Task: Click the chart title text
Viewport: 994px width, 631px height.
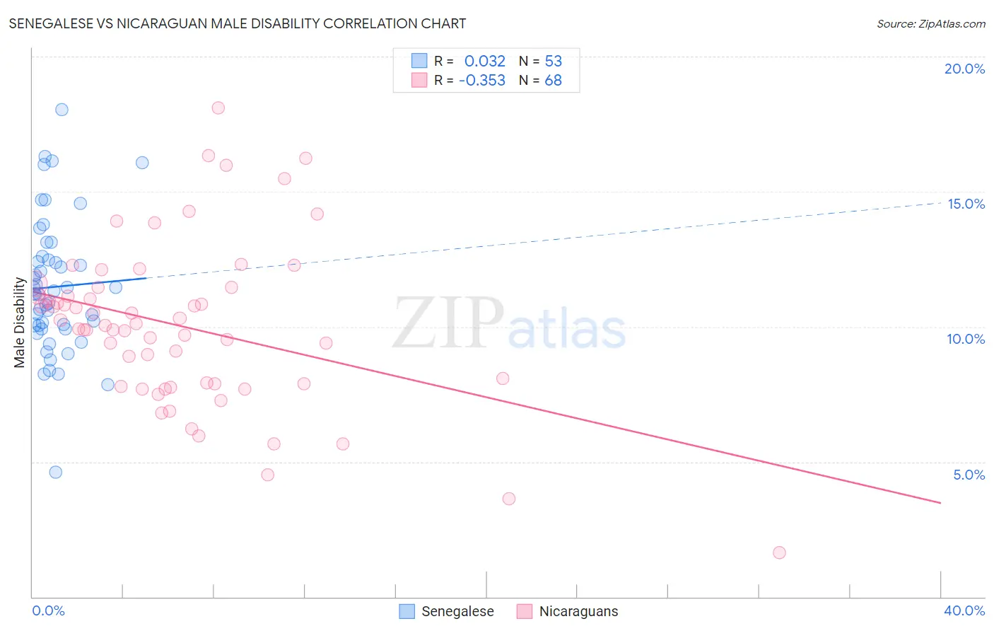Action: click(x=238, y=23)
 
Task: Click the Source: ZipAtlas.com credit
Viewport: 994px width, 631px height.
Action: click(x=930, y=24)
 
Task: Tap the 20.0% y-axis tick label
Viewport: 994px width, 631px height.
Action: click(x=964, y=69)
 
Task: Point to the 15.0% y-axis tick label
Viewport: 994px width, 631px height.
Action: click(x=966, y=204)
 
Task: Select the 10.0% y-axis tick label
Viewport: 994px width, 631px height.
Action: click(x=966, y=339)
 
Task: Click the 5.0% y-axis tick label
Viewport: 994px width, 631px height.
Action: click(x=969, y=475)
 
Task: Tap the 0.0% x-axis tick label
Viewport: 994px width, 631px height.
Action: click(x=48, y=610)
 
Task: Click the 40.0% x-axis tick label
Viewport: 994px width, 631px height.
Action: click(x=964, y=610)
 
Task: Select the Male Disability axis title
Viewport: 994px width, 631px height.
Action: click(x=20, y=323)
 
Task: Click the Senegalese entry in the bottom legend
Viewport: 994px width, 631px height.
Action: click(x=447, y=611)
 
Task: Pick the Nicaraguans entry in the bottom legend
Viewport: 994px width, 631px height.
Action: click(x=568, y=611)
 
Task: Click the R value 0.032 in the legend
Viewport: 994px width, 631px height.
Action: click(x=484, y=62)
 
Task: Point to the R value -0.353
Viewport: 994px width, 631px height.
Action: click(x=481, y=81)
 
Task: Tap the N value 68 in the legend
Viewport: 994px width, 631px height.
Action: click(x=553, y=81)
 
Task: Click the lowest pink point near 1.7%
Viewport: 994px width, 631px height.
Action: click(x=779, y=552)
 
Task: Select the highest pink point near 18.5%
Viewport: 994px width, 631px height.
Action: click(x=218, y=108)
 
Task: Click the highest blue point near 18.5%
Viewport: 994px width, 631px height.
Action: click(x=62, y=110)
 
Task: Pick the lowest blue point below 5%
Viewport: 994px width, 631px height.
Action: click(x=56, y=472)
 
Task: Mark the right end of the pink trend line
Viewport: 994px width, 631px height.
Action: click(x=940, y=503)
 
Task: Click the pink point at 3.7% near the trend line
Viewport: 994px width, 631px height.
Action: click(x=509, y=499)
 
